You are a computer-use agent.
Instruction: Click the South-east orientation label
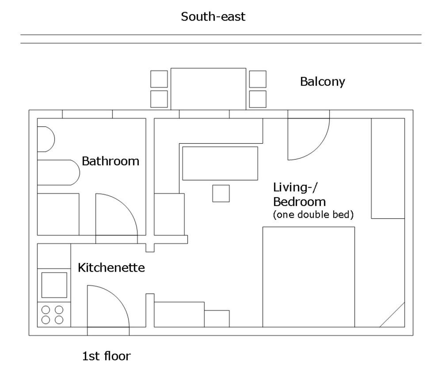tap(213, 17)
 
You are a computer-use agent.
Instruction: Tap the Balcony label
tap(323, 82)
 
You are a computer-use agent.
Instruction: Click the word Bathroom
tap(110, 161)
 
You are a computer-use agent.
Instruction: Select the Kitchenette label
tap(111, 268)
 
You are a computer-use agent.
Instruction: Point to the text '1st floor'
tap(106, 356)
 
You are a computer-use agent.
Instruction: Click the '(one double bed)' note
tap(313, 214)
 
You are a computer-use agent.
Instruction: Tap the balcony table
tap(208, 89)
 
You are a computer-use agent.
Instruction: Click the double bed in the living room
tap(309, 277)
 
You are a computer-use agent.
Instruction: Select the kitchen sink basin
tap(54, 285)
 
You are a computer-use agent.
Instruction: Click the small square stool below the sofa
tap(221, 193)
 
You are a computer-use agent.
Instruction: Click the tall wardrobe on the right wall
tap(388, 168)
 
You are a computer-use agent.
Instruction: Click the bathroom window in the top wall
tap(88, 114)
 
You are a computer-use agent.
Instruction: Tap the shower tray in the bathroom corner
tap(58, 214)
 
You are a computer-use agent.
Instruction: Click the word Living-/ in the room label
tap(295, 188)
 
